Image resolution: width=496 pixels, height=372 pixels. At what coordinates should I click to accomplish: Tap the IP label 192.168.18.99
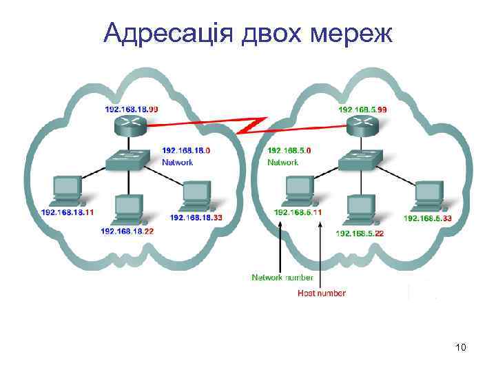(131, 109)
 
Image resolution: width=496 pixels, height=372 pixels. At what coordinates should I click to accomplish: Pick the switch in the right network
(360, 160)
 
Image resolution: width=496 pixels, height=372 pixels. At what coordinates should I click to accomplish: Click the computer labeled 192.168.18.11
(68, 190)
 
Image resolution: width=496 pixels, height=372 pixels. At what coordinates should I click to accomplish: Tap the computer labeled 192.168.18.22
(128, 208)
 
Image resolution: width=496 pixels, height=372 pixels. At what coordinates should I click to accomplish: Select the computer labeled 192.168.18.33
(196, 195)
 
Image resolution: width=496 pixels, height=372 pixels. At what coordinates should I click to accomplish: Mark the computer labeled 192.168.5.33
(428, 195)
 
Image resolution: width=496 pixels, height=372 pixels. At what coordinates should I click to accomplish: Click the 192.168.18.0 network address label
(186, 150)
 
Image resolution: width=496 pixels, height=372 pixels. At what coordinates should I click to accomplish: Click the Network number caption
(282, 278)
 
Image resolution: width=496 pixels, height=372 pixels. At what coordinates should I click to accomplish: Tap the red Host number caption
(322, 293)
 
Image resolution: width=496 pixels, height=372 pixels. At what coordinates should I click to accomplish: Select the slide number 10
(461, 347)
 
